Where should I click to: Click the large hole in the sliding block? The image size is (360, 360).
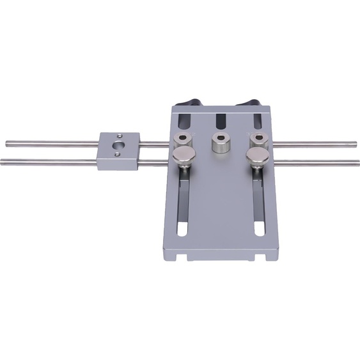tap(118, 147)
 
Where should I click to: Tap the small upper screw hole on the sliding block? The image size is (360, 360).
tap(120, 136)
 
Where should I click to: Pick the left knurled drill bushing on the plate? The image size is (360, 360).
tap(183, 141)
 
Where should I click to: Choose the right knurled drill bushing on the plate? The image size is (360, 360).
tap(258, 139)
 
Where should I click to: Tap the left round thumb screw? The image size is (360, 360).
tap(185, 156)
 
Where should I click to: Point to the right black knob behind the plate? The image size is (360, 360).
tap(249, 104)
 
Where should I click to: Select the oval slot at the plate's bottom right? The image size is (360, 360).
tap(259, 229)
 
